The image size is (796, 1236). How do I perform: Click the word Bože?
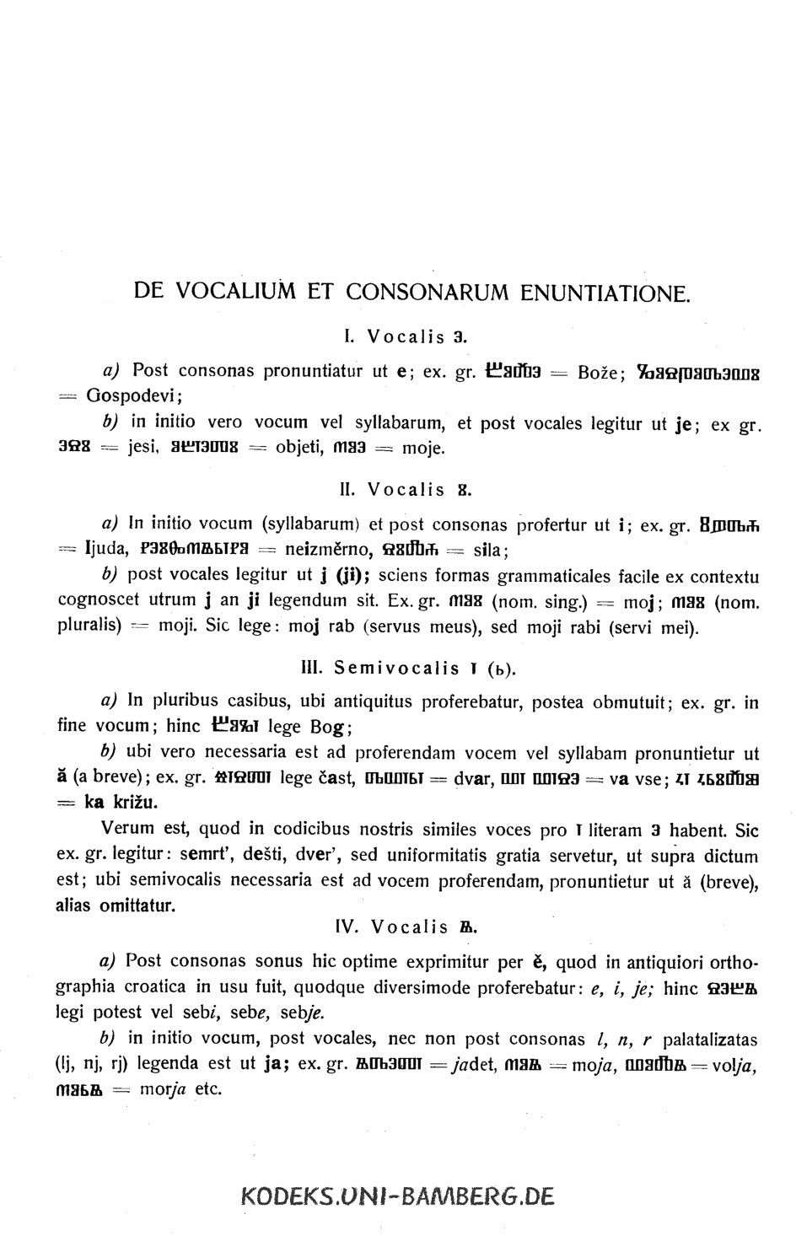(600, 372)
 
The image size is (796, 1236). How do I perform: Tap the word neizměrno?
(328, 551)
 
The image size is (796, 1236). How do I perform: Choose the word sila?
(489, 551)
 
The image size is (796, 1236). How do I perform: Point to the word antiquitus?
(374, 701)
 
